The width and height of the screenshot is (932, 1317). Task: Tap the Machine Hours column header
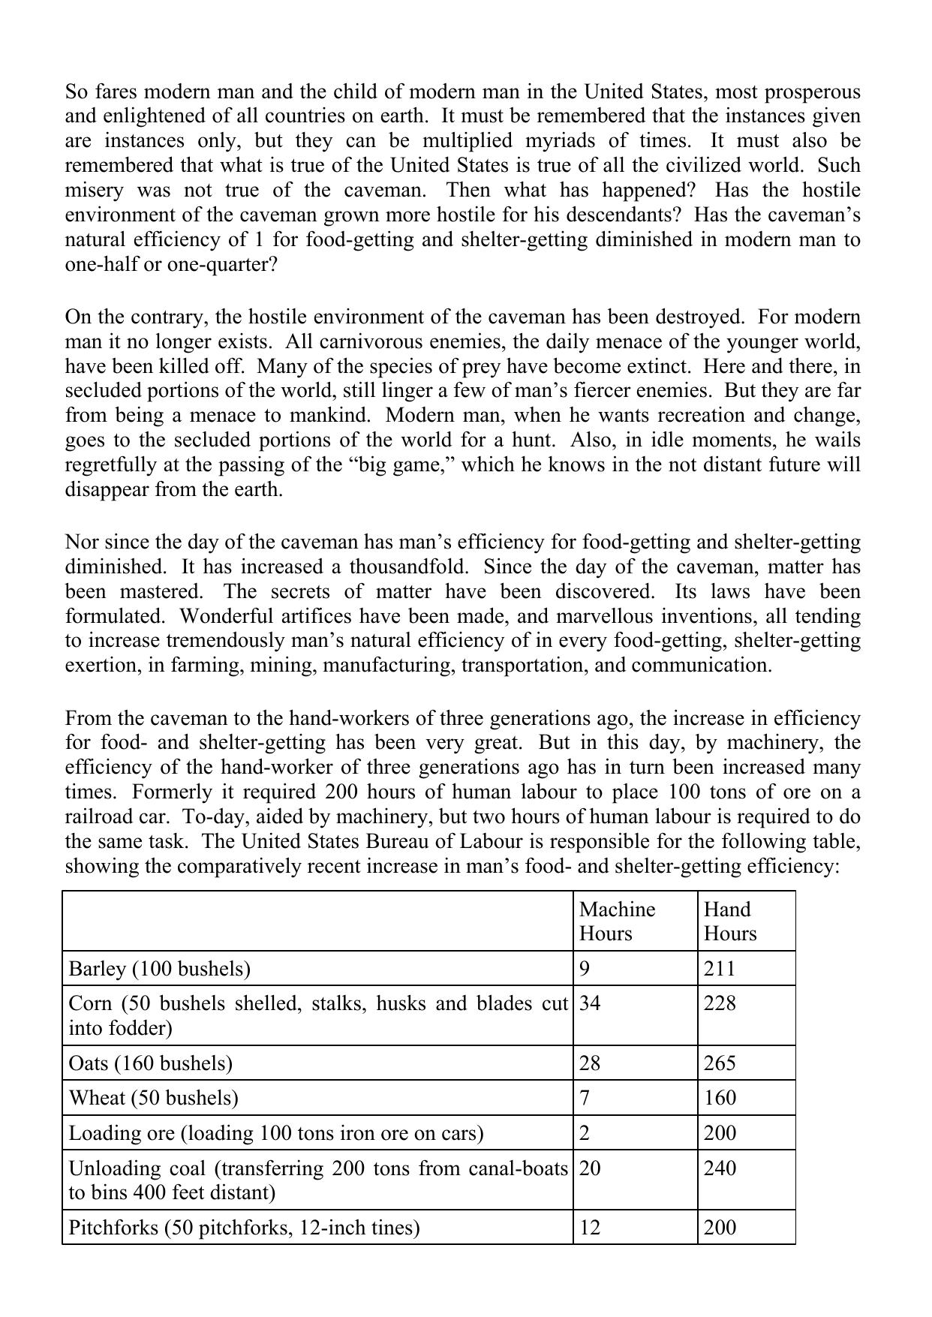tap(617, 921)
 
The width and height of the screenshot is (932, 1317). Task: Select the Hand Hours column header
tap(729, 921)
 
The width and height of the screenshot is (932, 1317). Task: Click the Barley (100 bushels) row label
tap(159, 969)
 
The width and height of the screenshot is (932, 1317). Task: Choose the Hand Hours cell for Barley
tap(720, 969)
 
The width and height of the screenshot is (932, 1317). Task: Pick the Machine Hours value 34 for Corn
tap(590, 1003)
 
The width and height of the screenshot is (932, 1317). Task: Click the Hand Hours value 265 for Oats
tap(720, 1063)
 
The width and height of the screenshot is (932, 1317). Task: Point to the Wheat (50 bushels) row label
tap(153, 1098)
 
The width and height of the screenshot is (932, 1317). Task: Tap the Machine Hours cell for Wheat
tap(585, 1098)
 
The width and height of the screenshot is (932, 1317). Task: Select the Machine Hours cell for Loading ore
tap(585, 1132)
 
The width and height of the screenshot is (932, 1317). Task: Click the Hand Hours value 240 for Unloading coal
tap(720, 1168)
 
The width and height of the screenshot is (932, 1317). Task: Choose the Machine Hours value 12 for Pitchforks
tap(590, 1228)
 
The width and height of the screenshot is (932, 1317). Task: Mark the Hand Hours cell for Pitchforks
tap(720, 1228)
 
